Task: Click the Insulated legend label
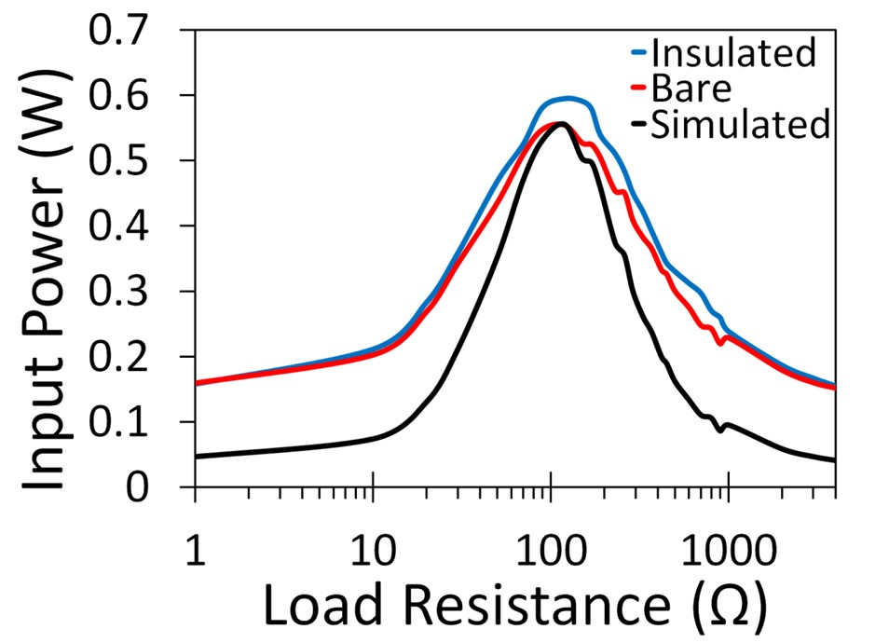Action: pos(733,52)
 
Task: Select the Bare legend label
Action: pos(692,89)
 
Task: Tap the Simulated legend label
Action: pos(740,124)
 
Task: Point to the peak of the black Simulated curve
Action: pos(562,124)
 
